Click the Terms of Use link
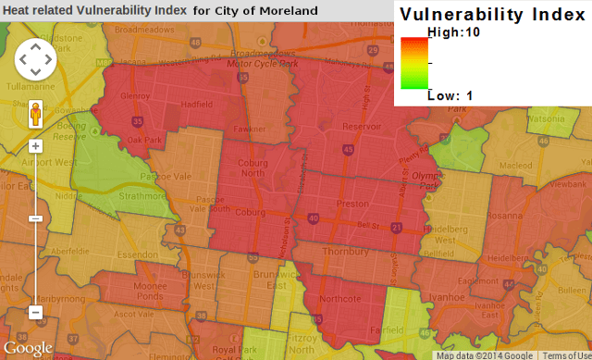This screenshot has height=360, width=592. (x=566, y=355)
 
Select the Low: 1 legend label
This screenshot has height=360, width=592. (x=450, y=94)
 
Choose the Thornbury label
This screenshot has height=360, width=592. (x=344, y=252)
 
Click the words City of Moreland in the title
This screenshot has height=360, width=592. (x=264, y=10)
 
